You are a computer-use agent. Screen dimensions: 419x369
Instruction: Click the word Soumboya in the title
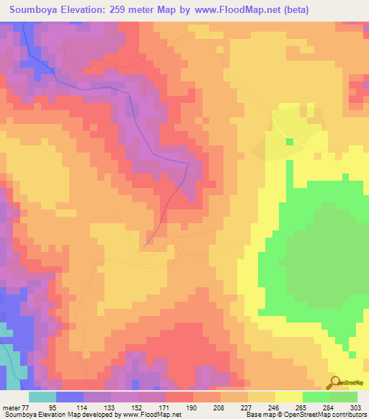tap(36, 10)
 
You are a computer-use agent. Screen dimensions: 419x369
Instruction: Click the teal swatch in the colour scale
tap(43, 397)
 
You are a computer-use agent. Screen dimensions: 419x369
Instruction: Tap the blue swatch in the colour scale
tap(70, 397)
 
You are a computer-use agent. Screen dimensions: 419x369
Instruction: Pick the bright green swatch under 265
tap(315, 397)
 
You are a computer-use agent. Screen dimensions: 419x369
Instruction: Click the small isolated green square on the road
tap(290, 141)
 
